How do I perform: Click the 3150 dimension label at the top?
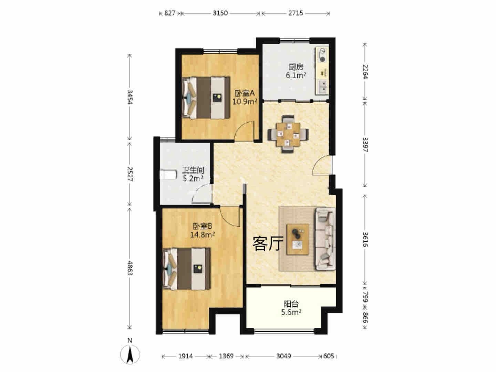pyautogui.click(x=220, y=13)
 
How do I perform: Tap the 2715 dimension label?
pyautogui.click(x=295, y=13)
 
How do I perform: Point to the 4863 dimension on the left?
pyautogui.click(x=130, y=268)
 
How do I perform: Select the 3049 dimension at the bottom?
pyautogui.click(x=283, y=356)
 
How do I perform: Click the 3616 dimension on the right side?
pyautogui.click(x=365, y=239)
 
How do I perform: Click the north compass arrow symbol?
pyautogui.click(x=130, y=355)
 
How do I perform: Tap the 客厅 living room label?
pyautogui.click(x=268, y=244)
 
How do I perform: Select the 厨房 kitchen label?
pyautogui.click(x=296, y=67)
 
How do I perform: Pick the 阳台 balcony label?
pyautogui.click(x=291, y=304)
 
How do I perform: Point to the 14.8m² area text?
pyautogui.click(x=202, y=235)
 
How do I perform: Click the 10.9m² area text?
pyautogui.click(x=245, y=102)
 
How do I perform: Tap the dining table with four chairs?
pyautogui.click(x=288, y=134)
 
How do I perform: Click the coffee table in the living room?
pyautogui.click(x=298, y=239)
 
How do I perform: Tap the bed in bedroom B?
pyautogui.click(x=187, y=269)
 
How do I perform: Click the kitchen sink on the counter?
pyautogui.click(x=322, y=87)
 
